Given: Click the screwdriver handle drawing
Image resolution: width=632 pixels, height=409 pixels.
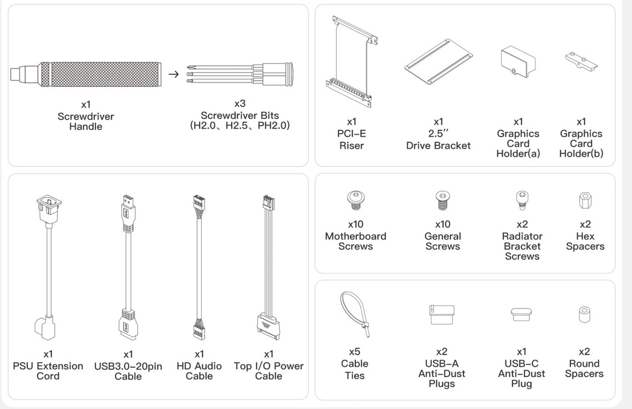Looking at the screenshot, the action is pos(86,74).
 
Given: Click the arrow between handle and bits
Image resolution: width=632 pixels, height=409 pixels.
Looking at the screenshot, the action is pos(173,74).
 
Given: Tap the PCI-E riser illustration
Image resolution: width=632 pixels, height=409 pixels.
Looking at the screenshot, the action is pos(352,62).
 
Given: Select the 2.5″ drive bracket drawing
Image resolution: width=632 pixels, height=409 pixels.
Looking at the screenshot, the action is pos(438,62).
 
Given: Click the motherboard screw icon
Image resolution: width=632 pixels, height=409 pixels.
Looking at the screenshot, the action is pos(356,200).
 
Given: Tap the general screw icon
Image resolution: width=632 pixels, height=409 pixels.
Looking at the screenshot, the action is pos(443,200).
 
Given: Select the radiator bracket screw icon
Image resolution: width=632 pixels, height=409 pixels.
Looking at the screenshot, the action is pos(522,200).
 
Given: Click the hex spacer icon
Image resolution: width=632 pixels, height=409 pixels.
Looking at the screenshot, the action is pos(585,201).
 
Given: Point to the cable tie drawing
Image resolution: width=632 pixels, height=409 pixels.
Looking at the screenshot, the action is pos(354,314).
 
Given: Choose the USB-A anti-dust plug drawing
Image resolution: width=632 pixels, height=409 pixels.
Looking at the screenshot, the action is pos(442,315).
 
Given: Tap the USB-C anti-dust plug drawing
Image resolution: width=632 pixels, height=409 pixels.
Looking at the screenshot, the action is pos(521,314).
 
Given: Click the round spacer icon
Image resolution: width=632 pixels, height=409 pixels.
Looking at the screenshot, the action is pos(584,314).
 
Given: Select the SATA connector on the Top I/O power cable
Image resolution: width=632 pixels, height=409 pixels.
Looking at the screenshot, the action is pos(268,327).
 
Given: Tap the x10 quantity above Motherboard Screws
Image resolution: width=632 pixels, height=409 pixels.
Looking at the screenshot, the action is pos(355,225).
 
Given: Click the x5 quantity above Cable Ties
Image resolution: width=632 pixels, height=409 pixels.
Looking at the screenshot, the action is pos(354,352).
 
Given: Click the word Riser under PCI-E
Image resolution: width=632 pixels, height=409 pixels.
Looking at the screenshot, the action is pos(352,146).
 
